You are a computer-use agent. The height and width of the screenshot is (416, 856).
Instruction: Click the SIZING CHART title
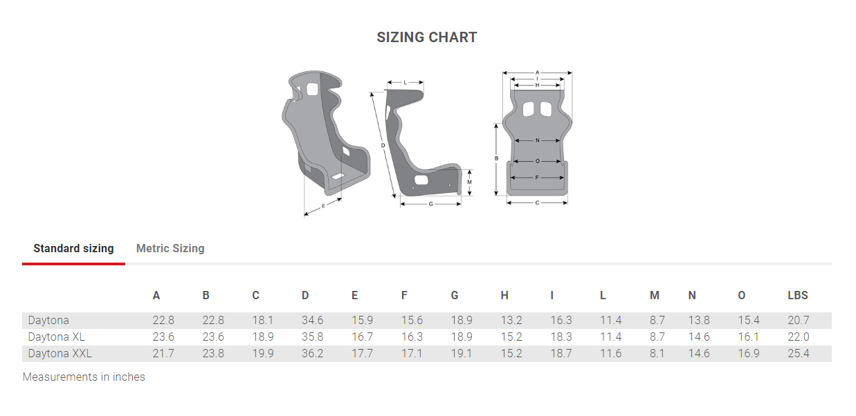426,37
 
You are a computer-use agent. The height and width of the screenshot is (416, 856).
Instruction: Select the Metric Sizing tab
170,248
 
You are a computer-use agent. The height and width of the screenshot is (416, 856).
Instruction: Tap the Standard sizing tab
73,248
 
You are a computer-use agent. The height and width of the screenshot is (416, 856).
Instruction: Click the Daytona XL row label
56,337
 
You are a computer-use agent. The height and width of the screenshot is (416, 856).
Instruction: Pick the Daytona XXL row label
60,354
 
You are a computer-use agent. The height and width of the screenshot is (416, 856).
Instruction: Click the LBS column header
797,296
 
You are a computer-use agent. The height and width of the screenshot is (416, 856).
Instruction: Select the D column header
305,296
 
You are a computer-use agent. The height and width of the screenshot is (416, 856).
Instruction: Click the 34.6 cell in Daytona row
312,321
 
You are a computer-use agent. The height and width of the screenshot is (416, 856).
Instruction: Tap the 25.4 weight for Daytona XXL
798,354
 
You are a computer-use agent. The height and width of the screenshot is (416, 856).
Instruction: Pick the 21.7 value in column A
163,354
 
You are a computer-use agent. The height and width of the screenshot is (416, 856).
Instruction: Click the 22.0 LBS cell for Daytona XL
798,337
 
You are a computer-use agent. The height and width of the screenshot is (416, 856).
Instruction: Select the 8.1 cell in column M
657,354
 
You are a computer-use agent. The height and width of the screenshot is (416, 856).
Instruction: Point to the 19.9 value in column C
263,354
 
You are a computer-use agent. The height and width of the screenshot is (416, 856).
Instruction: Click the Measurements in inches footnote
84,377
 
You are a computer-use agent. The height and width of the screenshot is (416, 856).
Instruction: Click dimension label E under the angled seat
323,207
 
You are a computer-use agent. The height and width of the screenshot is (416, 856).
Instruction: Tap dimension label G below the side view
430,204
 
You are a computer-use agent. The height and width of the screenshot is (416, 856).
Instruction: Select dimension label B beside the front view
496,158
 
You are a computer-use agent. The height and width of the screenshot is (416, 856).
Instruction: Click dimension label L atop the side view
405,82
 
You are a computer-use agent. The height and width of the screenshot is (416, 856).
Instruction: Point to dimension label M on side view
469,182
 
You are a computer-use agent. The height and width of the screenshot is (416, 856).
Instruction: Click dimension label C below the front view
537,202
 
